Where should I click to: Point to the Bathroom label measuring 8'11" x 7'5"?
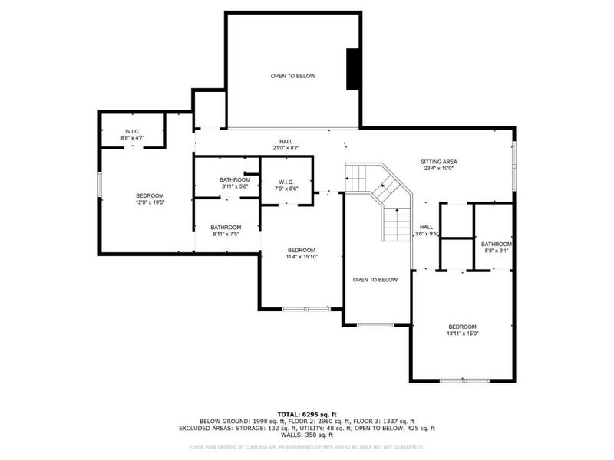(226, 230)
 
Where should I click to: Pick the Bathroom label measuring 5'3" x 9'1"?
(496, 247)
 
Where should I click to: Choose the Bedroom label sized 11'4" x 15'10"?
(302, 254)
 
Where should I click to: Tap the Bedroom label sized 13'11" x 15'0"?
(463, 330)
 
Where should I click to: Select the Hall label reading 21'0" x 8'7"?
(286, 144)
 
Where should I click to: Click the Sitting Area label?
(438, 165)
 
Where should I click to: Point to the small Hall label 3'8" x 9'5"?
(426, 230)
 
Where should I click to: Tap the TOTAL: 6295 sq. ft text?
(307, 414)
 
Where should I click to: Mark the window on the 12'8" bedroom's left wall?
(100, 186)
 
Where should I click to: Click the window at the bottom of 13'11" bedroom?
(463, 380)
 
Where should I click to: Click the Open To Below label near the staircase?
(375, 280)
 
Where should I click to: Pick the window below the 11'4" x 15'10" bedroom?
(305, 309)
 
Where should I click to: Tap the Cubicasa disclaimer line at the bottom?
(307, 446)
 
